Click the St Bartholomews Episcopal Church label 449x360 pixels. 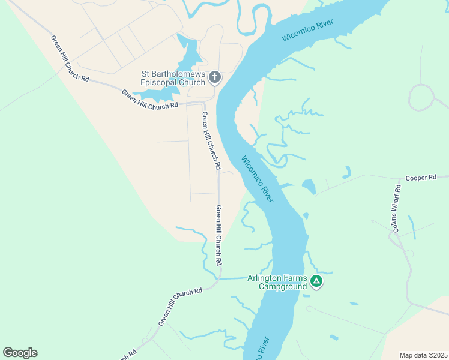click(x=173, y=78)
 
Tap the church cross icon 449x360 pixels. click(x=215, y=77)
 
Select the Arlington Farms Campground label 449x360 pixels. click(x=283, y=282)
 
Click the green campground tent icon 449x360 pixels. click(x=316, y=281)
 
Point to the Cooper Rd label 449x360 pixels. click(x=420, y=178)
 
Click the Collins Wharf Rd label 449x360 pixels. click(x=396, y=208)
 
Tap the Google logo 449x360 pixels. click(x=20, y=353)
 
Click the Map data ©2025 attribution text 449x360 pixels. click(x=423, y=355)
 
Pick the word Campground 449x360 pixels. click(x=283, y=286)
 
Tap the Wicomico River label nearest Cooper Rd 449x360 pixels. click(x=258, y=179)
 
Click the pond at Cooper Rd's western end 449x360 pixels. click(x=309, y=187)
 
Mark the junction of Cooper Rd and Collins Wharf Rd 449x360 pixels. click(x=400, y=179)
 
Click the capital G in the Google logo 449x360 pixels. click(x=8, y=352)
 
